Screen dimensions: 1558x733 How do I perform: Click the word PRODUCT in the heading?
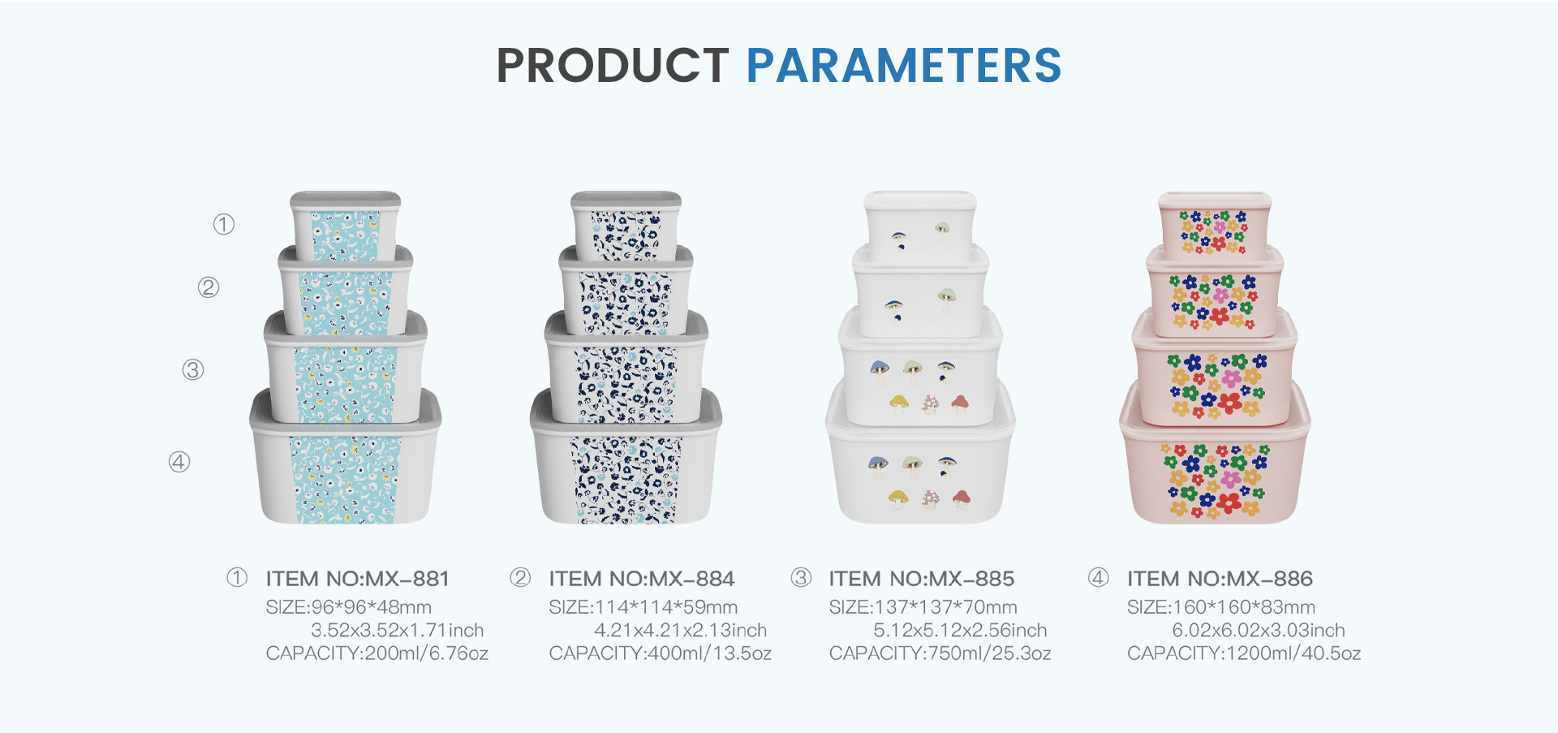613,66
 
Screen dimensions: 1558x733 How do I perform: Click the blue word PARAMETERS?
904,66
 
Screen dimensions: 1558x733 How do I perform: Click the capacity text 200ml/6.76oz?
427,653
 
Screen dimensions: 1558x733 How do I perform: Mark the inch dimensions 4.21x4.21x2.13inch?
680,630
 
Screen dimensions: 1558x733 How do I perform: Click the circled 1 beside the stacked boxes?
224,224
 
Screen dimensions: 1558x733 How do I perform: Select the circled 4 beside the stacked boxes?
179,462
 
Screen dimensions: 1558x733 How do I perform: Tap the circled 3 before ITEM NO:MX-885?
801,577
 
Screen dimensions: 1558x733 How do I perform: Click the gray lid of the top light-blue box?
346,200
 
